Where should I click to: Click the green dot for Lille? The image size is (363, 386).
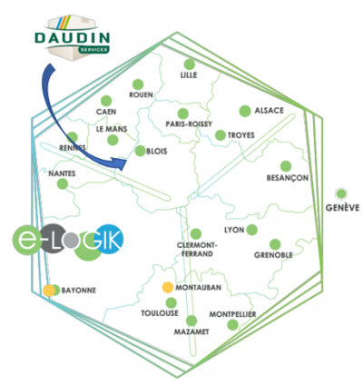pyautogui.click(x=190, y=64)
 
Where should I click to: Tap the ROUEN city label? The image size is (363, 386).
pyautogui.click(x=141, y=94)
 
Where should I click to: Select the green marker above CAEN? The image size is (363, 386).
pyautogui.click(x=106, y=101)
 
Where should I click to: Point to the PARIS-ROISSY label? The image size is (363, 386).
pyautogui.click(x=189, y=124)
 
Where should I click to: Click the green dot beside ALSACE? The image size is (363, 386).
pyautogui.click(x=245, y=111)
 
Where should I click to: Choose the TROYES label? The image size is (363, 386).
pyautogui.click(x=241, y=135)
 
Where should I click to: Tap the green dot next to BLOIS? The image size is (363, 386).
pyautogui.click(x=141, y=151)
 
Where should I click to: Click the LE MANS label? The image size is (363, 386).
pyautogui.click(x=112, y=129)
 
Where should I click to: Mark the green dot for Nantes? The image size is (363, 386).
pyautogui.click(x=63, y=183)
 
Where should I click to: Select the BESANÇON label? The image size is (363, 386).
pyautogui.click(x=288, y=178)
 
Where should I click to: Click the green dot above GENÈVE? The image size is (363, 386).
pyautogui.click(x=341, y=193)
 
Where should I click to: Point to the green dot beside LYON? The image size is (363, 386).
pyautogui.click(x=251, y=230)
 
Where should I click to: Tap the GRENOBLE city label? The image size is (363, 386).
pyautogui.click(x=273, y=255)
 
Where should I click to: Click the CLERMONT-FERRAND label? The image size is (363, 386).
pyautogui.click(x=197, y=249)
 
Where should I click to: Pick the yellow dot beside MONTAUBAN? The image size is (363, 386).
pyautogui.click(x=168, y=287)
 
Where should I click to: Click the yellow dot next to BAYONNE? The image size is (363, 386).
pyautogui.click(x=49, y=291)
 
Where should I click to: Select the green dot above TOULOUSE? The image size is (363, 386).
pyautogui.click(x=172, y=302)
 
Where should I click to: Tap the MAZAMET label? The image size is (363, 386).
pyautogui.click(x=191, y=332)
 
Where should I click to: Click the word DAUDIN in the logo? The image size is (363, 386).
pyautogui.click(x=73, y=38)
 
